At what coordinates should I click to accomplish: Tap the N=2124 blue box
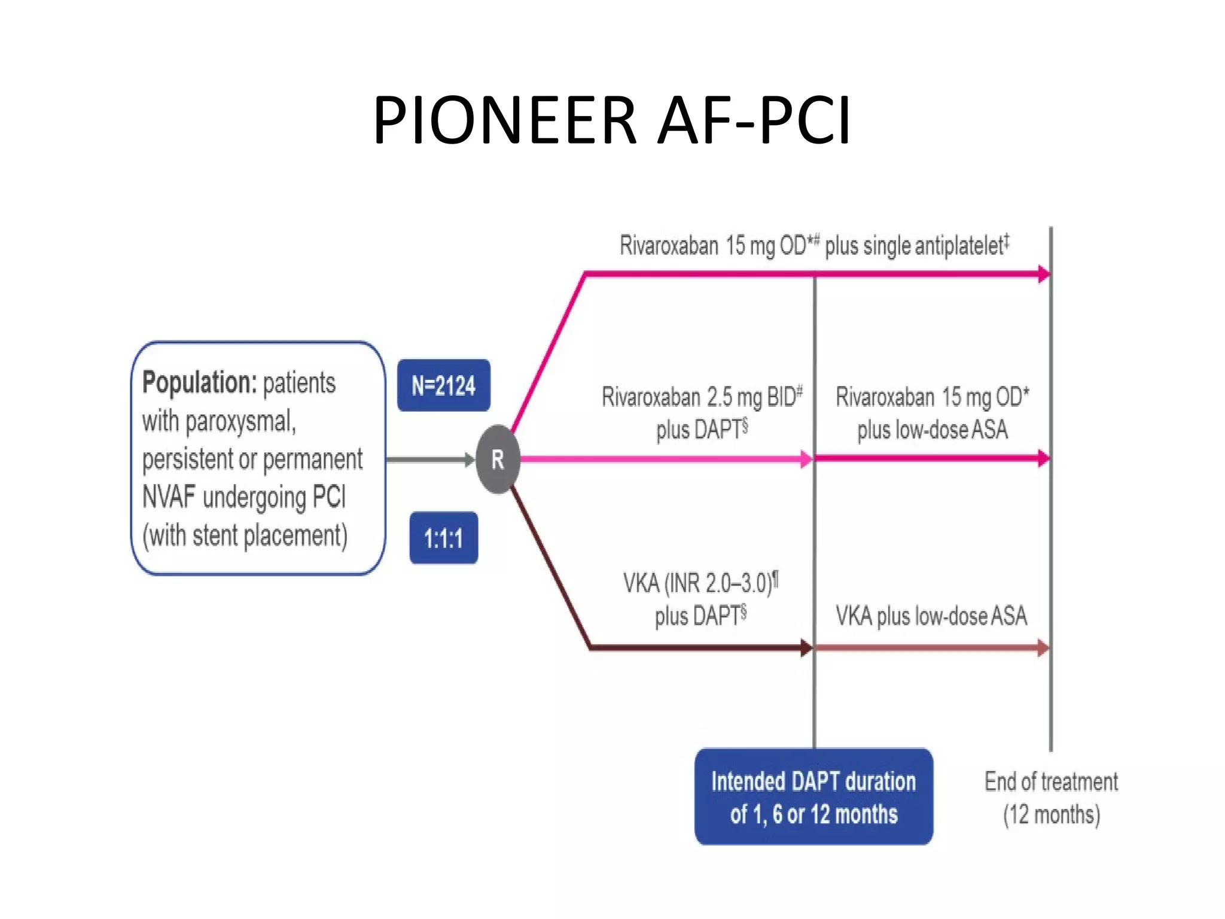[443, 385]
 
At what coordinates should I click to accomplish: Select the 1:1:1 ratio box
[443, 538]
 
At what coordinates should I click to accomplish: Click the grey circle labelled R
[498, 459]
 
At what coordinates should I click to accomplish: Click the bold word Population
[199, 382]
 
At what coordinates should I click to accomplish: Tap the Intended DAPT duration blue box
[813, 797]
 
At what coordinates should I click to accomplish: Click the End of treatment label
[1051, 781]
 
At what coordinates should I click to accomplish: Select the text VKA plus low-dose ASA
[931, 616]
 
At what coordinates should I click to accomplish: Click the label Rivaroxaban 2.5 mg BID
[701, 397]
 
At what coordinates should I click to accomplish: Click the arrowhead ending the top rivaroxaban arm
[1044, 274]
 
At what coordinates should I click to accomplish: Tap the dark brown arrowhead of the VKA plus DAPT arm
[806, 647]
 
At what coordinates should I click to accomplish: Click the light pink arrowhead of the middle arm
[806, 459]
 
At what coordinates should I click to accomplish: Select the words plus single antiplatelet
[915, 245]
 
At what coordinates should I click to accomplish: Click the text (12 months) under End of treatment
[1051, 814]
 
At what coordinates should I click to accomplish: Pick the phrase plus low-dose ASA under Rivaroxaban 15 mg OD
[932, 430]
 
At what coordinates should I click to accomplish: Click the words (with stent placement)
[245, 535]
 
